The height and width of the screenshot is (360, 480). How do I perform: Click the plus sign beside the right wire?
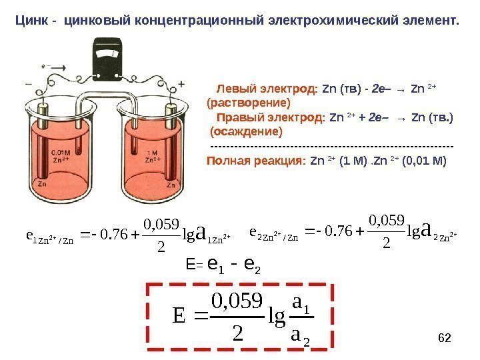tap(181, 85)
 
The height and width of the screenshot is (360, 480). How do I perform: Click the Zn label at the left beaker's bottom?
tap(42, 183)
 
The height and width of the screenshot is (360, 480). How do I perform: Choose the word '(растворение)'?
tap(249, 103)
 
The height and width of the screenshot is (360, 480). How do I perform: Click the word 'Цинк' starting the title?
tap(31, 19)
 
